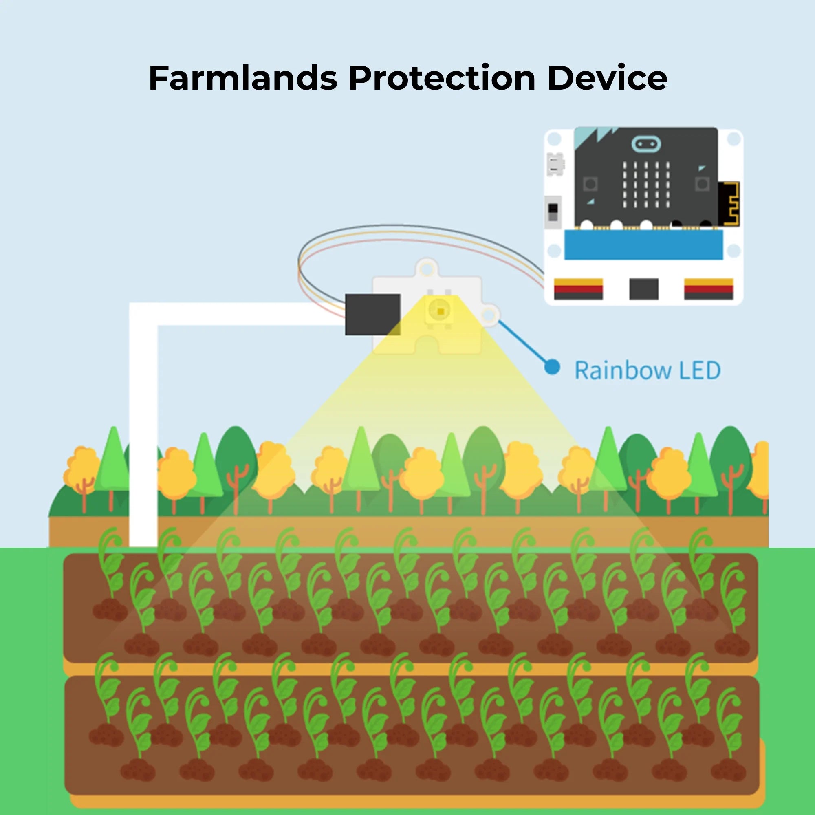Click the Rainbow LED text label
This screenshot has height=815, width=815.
(648, 370)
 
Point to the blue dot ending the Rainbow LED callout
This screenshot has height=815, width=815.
(552, 367)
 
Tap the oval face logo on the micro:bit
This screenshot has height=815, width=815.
(646, 144)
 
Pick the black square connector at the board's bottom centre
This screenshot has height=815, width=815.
(643, 289)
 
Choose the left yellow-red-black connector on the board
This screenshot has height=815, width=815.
(578, 289)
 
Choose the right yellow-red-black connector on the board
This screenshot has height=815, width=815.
(709, 289)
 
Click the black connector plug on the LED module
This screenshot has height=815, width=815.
(372, 315)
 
